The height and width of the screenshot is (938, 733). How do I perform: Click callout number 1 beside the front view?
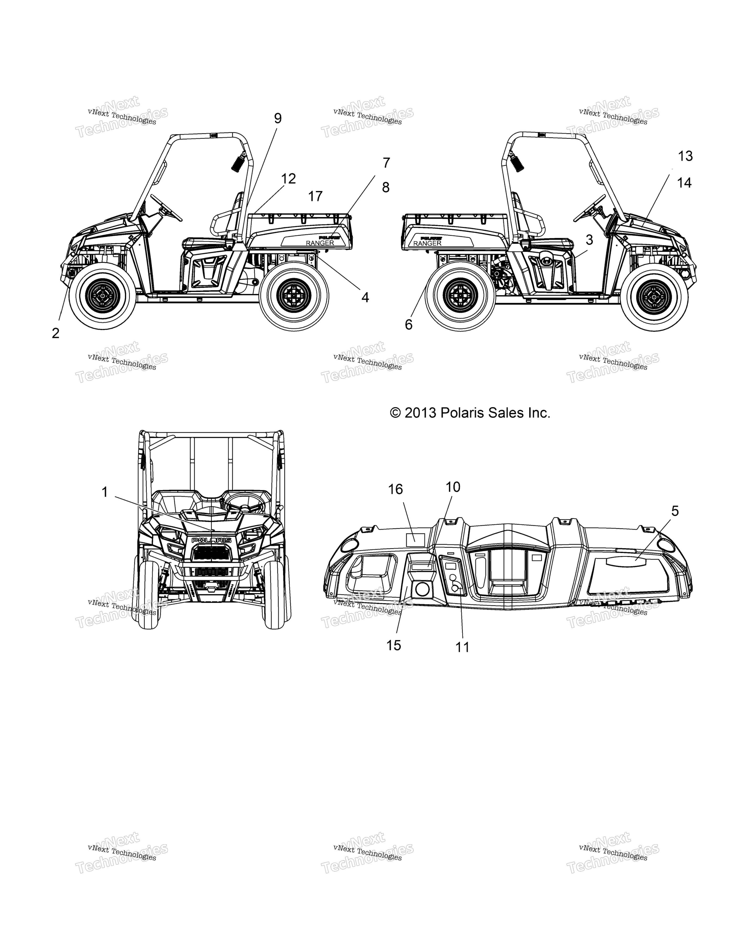[x=104, y=492]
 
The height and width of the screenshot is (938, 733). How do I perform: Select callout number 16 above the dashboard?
[x=395, y=489]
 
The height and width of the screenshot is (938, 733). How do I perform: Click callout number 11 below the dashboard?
[x=462, y=647]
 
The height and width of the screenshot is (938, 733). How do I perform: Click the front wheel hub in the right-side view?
[x=655, y=296]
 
